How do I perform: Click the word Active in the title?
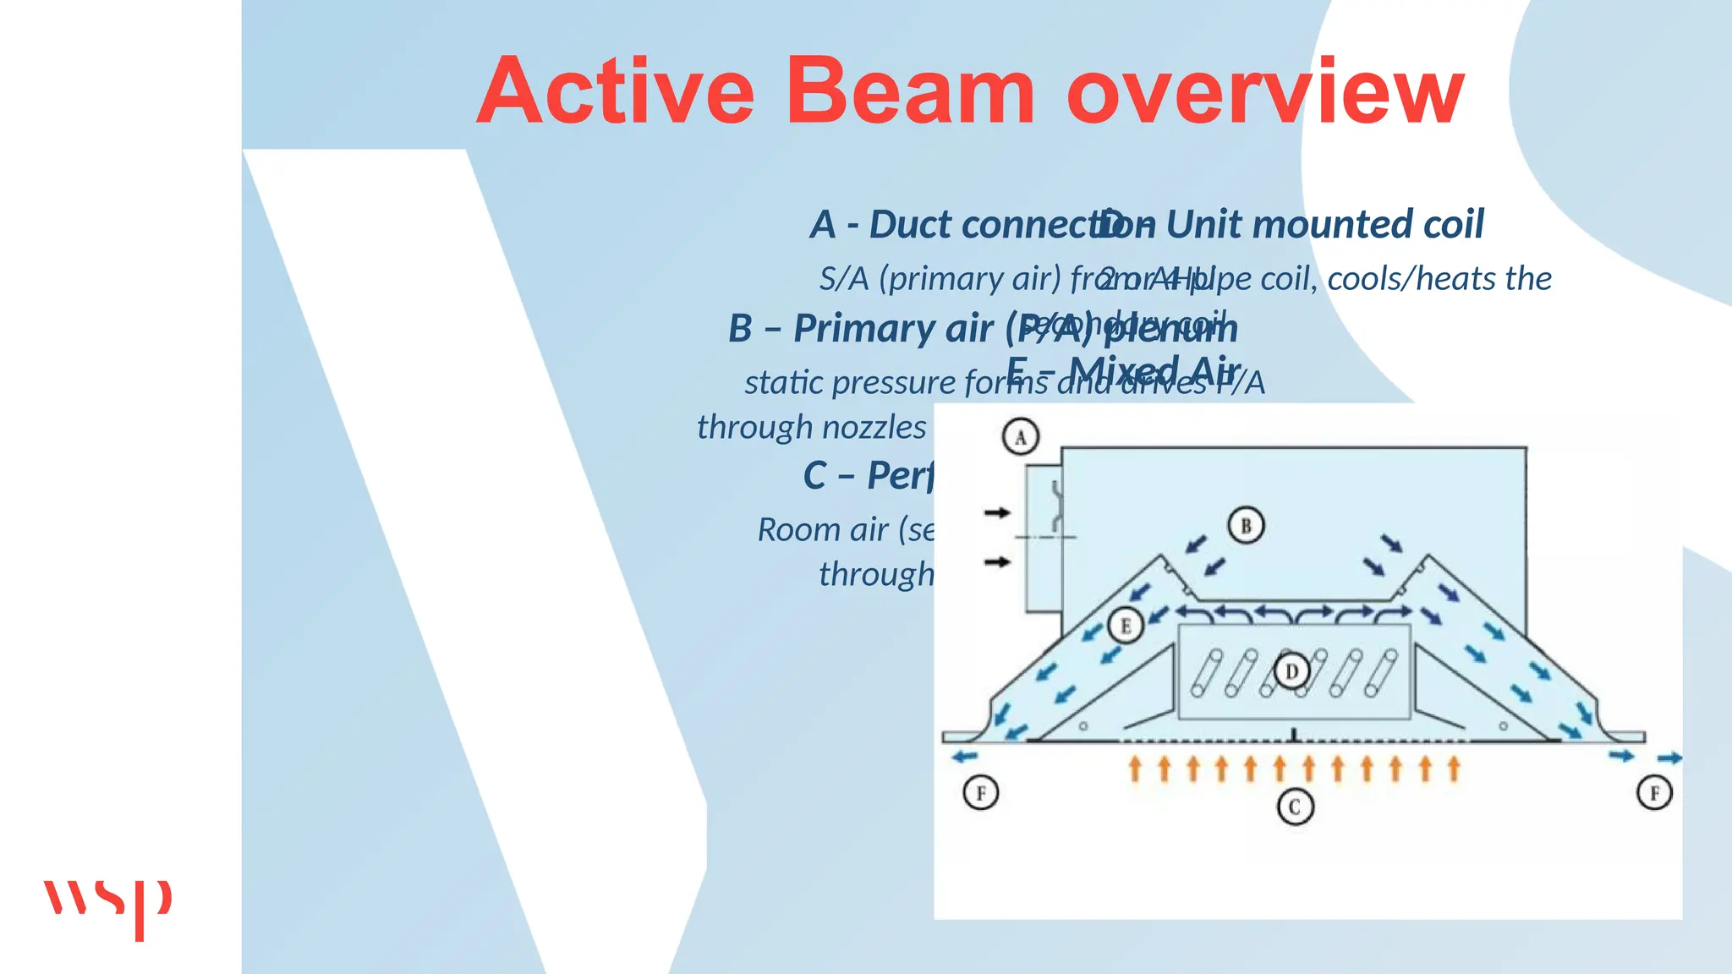coord(615,90)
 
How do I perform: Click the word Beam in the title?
coord(911,90)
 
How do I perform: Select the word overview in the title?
coord(1265,90)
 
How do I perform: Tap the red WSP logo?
coord(107,906)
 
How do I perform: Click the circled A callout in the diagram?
coord(1020,437)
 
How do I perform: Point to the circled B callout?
coord(1246,525)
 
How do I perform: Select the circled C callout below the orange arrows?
coord(1294,807)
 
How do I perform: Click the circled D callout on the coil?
coord(1291,672)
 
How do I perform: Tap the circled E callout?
coord(1125,626)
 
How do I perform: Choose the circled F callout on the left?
coord(981,793)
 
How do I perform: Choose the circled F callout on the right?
coord(1654,793)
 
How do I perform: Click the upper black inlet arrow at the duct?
coord(997,512)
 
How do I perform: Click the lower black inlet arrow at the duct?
coord(997,561)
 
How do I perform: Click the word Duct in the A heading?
coord(911,225)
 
